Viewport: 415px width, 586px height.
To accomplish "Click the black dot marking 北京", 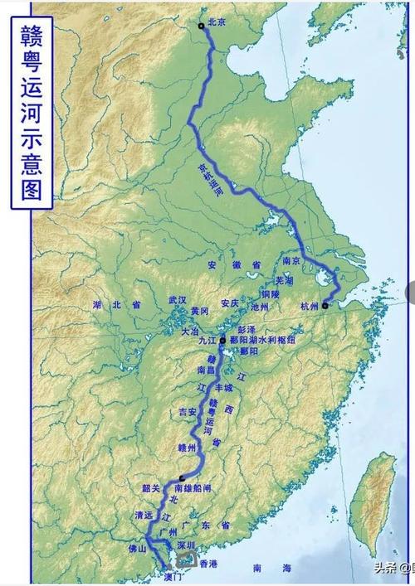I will (201, 26).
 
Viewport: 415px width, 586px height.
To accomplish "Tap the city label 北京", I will (217, 23).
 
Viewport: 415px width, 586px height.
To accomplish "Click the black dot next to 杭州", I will (326, 306).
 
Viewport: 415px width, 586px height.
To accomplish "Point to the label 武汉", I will (178, 299).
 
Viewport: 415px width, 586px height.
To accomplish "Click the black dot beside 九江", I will (222, 340).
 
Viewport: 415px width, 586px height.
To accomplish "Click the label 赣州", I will (188, 448).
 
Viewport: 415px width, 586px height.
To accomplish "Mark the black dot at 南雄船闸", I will (182, 478).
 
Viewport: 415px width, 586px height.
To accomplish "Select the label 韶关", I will (152, 487).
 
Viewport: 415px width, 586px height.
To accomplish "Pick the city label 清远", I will (145, 516).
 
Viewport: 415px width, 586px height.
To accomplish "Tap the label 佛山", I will (136, 548).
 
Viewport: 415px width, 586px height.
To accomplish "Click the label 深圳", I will (187, 545).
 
